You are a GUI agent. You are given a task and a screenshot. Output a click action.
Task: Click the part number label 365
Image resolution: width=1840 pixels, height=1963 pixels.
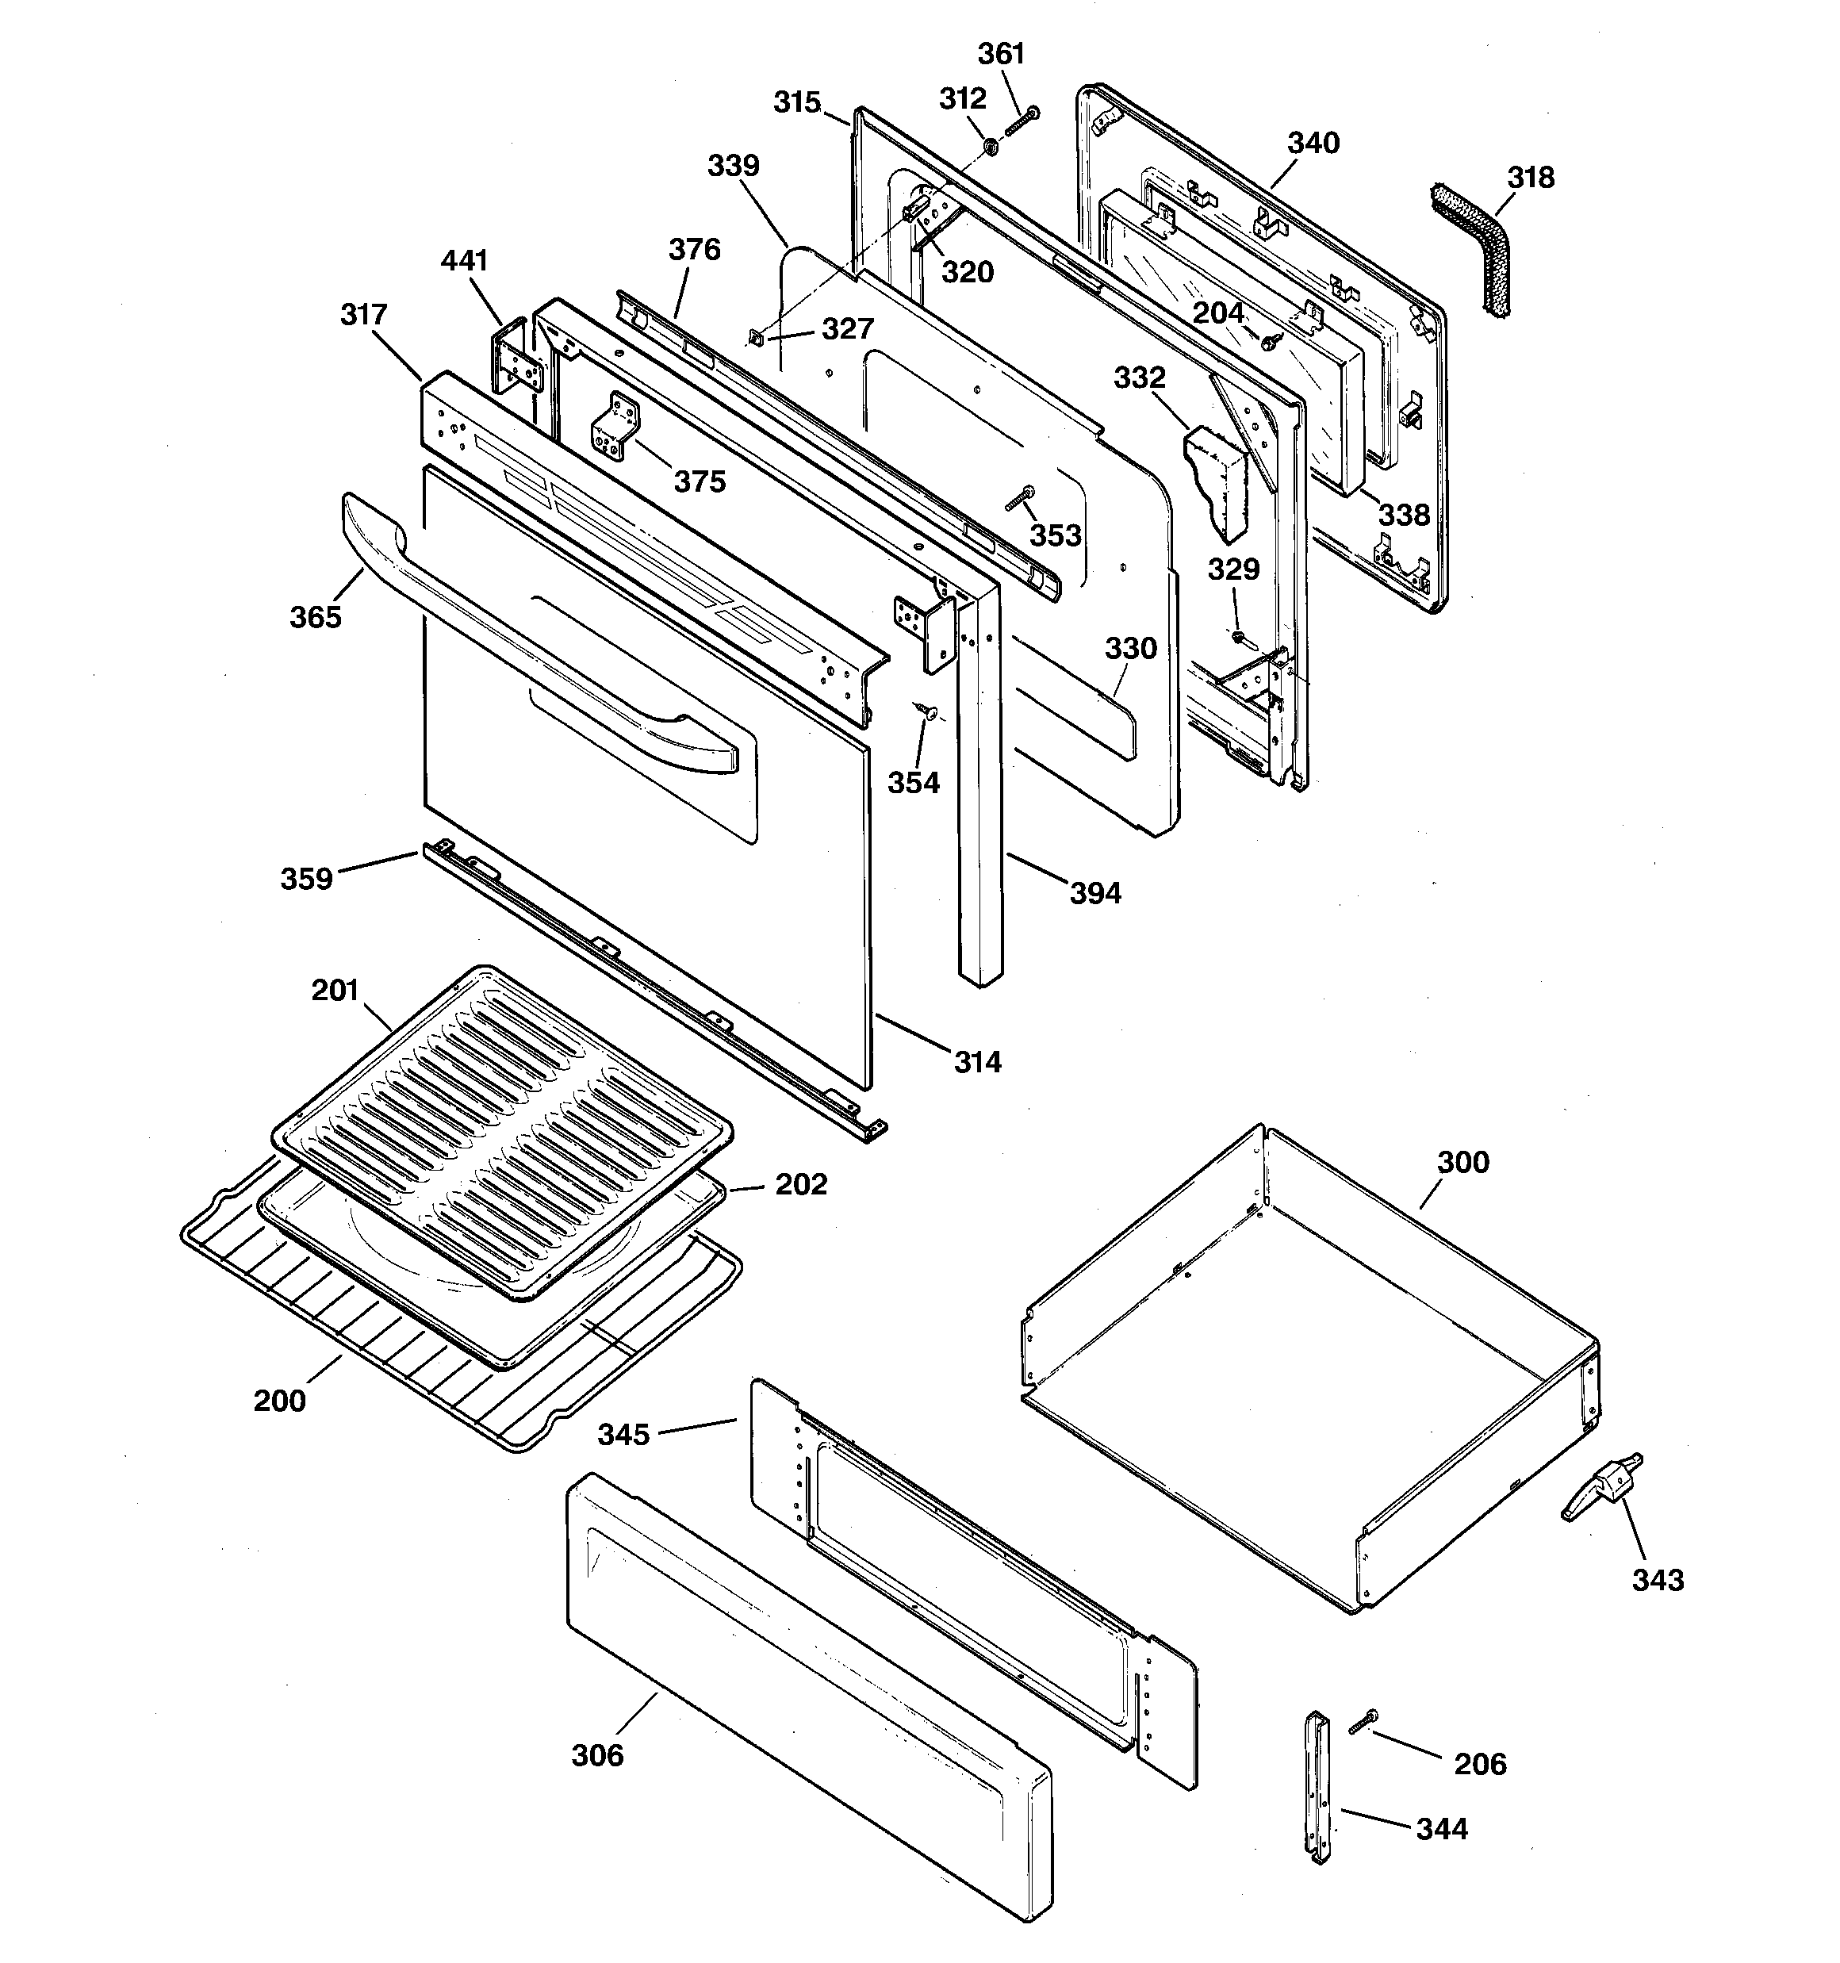coord(315,617)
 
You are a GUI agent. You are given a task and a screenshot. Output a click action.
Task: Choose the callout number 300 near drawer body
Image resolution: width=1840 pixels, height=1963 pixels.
coord(1462,1162)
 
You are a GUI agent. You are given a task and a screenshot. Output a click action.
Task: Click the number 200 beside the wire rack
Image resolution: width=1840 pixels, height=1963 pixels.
coord(279,1400)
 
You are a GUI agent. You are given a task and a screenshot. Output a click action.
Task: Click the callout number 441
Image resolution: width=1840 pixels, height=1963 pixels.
coord(464,261)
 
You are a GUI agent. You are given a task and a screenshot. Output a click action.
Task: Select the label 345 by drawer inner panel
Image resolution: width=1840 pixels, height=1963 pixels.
coord(624,1434)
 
